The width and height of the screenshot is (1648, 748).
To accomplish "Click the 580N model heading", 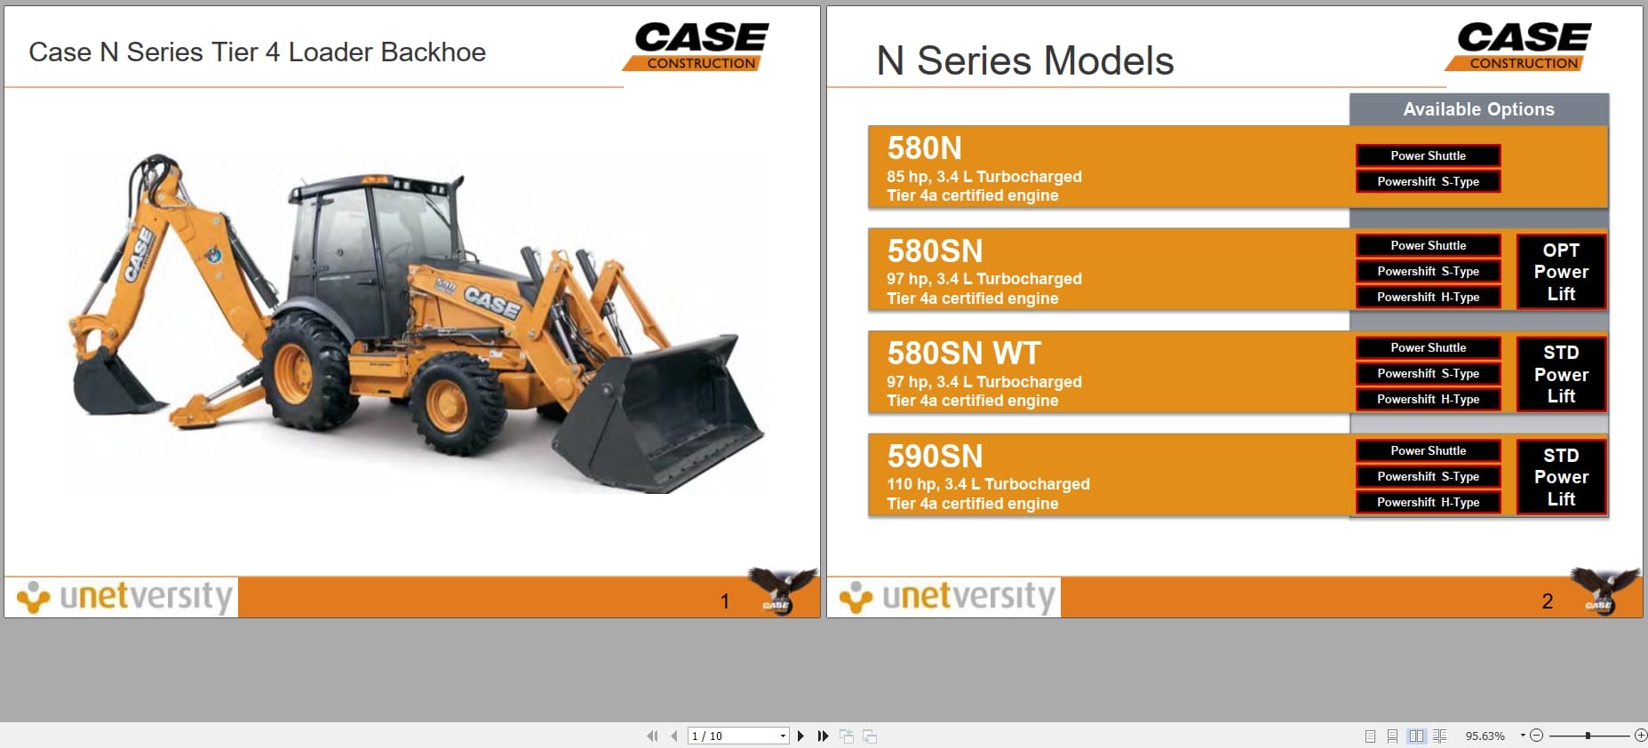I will pos(924,148).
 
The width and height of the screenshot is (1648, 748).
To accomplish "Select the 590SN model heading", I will pos(935,457).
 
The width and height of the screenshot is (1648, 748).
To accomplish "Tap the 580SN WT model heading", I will pos(963,354).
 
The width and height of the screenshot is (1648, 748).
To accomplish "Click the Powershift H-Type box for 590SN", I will pos(1428,503).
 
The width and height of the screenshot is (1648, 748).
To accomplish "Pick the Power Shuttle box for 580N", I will pos(1428,156).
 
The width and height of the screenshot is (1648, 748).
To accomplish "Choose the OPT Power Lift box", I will pos(1561,272).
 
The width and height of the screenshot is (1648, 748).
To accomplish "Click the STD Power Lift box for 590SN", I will pos(1561,477).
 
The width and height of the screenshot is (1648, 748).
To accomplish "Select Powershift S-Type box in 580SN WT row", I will pos(1428,374).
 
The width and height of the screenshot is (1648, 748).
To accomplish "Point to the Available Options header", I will pos(1478,109).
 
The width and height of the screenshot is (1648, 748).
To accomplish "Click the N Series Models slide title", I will pos(1024,61).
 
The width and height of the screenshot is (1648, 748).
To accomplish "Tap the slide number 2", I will pos(1547,601).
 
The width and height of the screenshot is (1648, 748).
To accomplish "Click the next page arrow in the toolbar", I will pos(800,736).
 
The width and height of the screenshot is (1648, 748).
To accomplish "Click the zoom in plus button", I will pos(1640,736).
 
